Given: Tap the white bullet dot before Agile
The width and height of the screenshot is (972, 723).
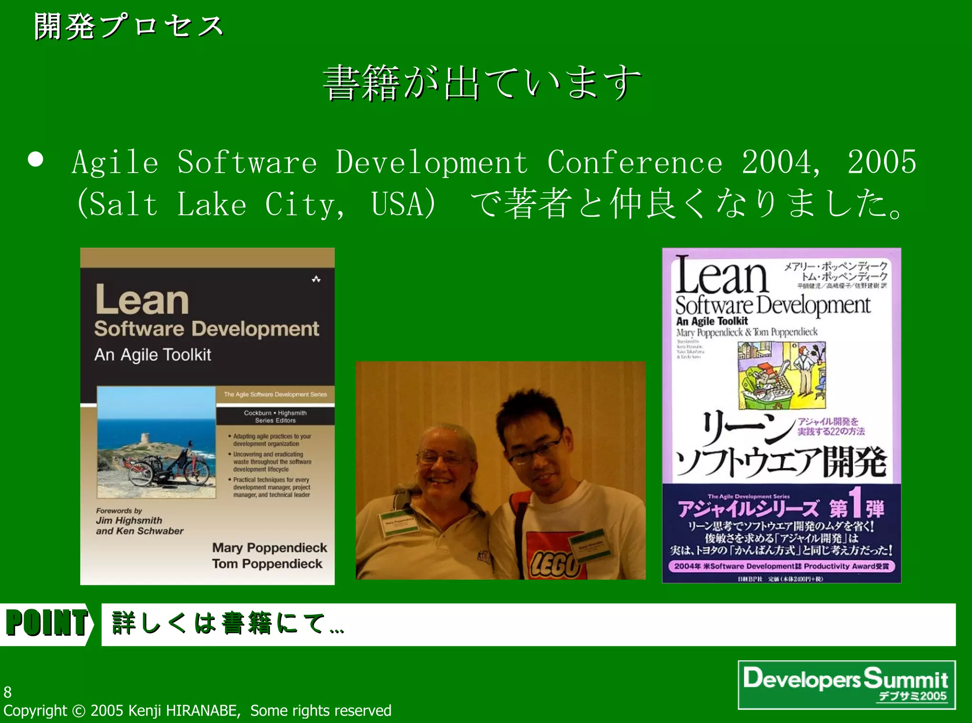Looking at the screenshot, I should click(36, 159).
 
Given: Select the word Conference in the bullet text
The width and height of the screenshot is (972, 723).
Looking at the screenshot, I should click(635, 163).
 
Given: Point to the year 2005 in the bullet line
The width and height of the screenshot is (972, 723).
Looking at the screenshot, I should click(882, 162).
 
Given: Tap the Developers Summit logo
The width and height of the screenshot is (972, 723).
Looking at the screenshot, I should click(846, 684).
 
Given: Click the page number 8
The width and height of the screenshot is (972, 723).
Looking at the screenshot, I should click(8, 692).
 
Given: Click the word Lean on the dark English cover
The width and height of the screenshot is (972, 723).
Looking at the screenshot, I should click(142, 300).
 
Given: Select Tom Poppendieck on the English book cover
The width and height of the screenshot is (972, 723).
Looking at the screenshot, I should click(267, 564).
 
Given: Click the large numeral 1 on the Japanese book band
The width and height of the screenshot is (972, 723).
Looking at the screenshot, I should click(854, 504).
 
